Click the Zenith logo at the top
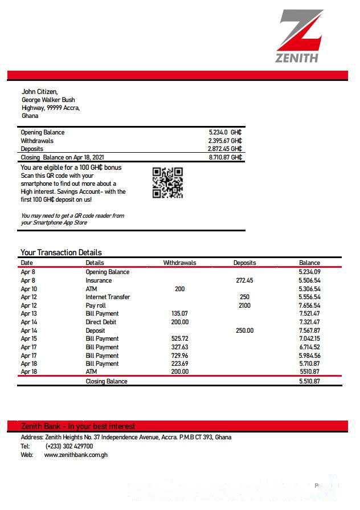coord(300,35)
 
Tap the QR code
coord(167,182)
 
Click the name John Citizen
coord(39,92)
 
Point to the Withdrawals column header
coord(179,263)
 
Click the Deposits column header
coord(244,263)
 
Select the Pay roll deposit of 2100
coord(244,305)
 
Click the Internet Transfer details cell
coord(108,297)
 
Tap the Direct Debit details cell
coord(102,322)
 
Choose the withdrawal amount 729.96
coord(179,356)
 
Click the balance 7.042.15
coord(309,338)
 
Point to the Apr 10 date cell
coord(28,289)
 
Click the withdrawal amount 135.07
coord(179,313)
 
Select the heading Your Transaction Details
coord(61,252)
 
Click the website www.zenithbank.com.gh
coord(76,455)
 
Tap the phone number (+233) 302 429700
coord(69,446)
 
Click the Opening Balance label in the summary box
coord(43,132)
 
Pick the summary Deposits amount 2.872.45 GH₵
coord(225,149)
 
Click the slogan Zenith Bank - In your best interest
coord(78,426)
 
